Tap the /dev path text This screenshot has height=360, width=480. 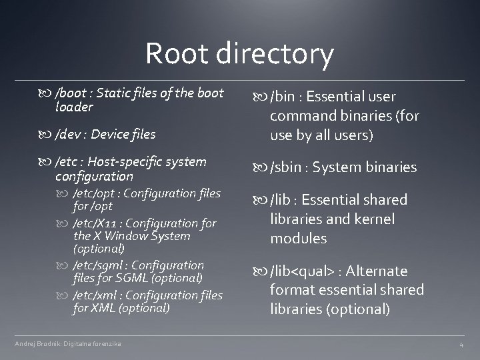coord(70,134)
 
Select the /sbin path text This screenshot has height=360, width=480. coord(287,167)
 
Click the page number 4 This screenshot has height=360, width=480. coord(461,345)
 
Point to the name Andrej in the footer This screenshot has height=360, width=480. coord(25,343)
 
